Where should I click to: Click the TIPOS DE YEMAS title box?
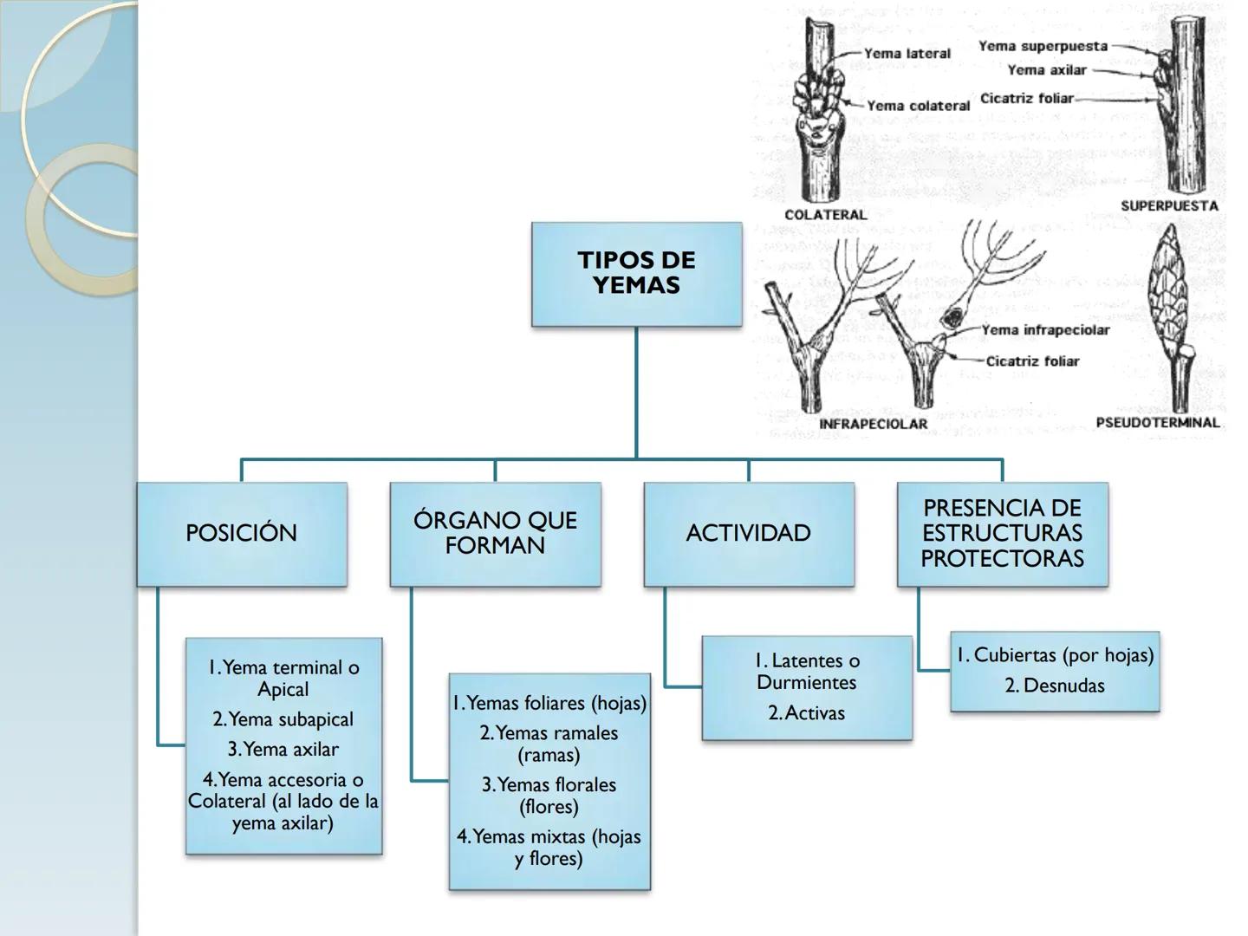(636, 274)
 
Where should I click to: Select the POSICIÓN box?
(242, 533)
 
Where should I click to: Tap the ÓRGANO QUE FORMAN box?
(495, 533)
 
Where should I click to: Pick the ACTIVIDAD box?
(749, 533)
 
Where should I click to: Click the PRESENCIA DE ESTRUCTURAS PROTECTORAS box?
(1002, 533)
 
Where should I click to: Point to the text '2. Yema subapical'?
(283, 719)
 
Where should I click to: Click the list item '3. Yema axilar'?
(283, 749)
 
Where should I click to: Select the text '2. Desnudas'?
(1055, 686)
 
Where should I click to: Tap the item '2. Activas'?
(807, 713)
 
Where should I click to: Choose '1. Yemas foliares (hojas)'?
(549, 703)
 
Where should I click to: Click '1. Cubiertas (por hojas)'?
(1055, 655)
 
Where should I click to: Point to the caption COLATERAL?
(825, 215)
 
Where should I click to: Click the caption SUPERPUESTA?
(1169, 206)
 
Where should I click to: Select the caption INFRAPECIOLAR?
(873, 424)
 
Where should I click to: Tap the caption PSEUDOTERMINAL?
(1158, 423)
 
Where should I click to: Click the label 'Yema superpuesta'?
(1043, 46)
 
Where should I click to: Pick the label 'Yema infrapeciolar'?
(1045, 330)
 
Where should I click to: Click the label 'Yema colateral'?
(919, 106)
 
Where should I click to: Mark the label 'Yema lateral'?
(907, 54)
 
